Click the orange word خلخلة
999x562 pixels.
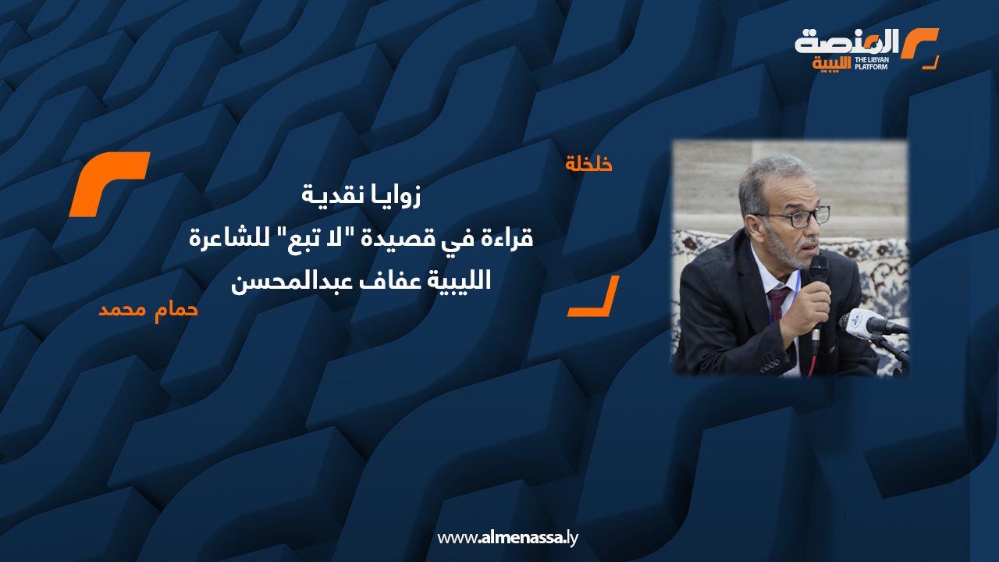tap(588, 164)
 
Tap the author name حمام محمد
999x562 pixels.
tap(148, 308)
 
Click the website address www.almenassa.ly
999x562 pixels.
tap(507, 537)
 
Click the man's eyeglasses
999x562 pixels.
tap(791, 218)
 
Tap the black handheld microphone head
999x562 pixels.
tap(817, 270)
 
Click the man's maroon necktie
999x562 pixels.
tap(777, 305)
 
